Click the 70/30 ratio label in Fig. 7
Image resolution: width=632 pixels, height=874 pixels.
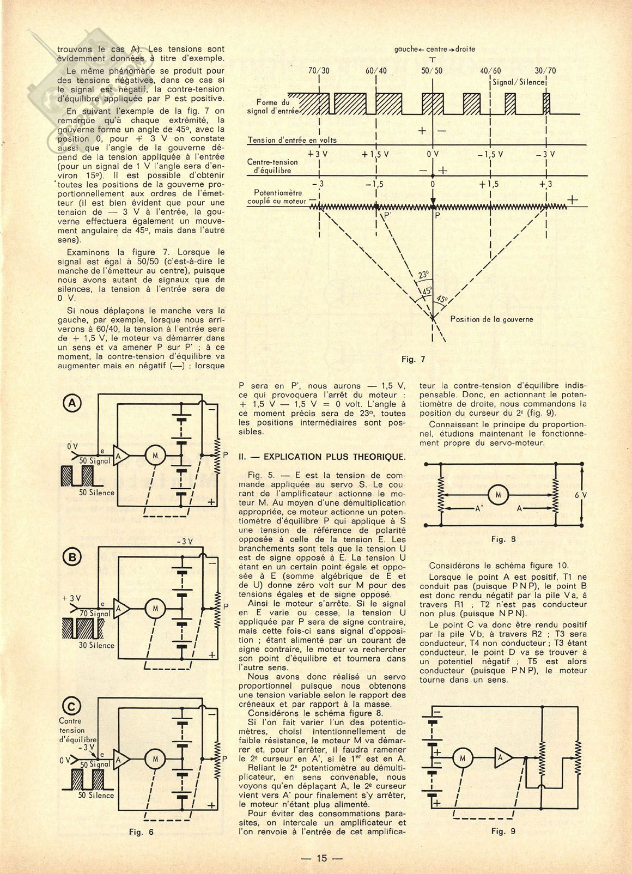[319, 71]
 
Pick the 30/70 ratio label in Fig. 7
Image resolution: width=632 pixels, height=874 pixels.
[545, 71]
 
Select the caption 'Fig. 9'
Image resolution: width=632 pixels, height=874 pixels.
[504, 831]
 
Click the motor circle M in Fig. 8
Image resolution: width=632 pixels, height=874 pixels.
[496, 494]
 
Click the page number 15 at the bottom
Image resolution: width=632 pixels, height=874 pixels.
[321, 858]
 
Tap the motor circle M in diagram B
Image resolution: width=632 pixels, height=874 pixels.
[154, 606]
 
